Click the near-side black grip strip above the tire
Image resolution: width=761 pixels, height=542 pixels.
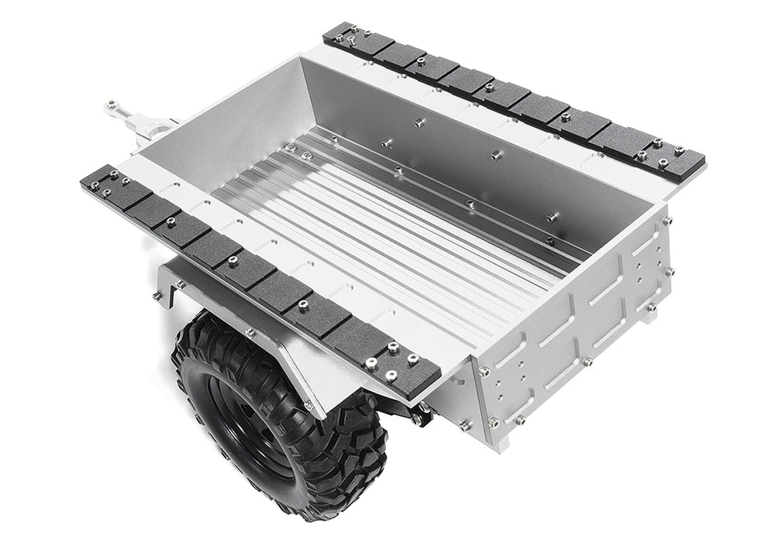(x=256, y=271)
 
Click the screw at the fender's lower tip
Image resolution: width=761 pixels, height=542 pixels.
(x=308, y=404)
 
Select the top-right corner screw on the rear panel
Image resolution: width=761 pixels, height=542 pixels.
(x=665, y=221)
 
